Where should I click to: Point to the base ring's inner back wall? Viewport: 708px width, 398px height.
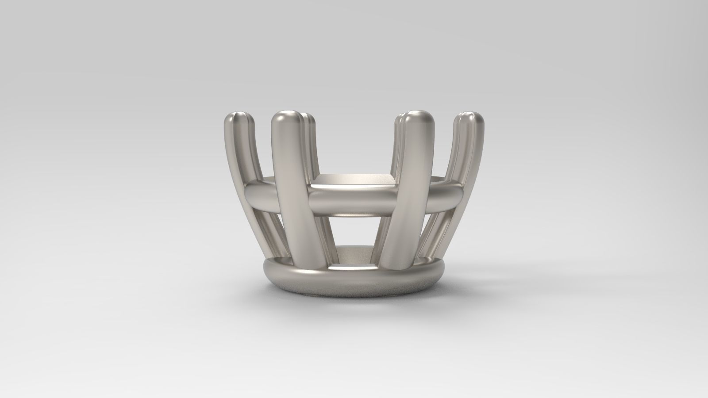[x=354, y=254]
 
